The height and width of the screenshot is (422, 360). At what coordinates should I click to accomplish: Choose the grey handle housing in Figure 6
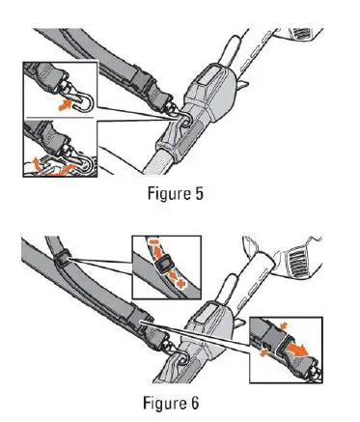pyautogui.click(x=205, y=328)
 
